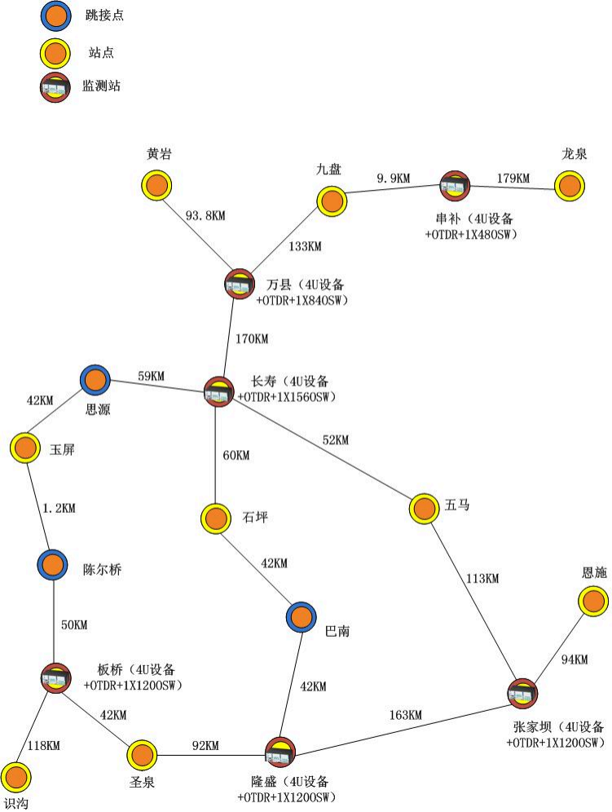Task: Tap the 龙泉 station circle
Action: click(570, 185)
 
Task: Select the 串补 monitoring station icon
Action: click(455, 186)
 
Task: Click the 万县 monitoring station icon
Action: click(240, 284)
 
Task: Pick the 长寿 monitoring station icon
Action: click(218, 391)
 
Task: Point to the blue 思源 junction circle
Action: click(95, 379)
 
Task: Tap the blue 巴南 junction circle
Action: click(301, 617)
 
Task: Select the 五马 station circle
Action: click(424, 509)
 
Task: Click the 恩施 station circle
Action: click(593, 602)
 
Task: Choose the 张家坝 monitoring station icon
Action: click(522, 693)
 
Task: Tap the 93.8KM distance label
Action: click(206, 216)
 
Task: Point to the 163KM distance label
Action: click(405, 715)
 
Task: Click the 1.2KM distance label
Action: click(59, 508)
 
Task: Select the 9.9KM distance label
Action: click(392, 177)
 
